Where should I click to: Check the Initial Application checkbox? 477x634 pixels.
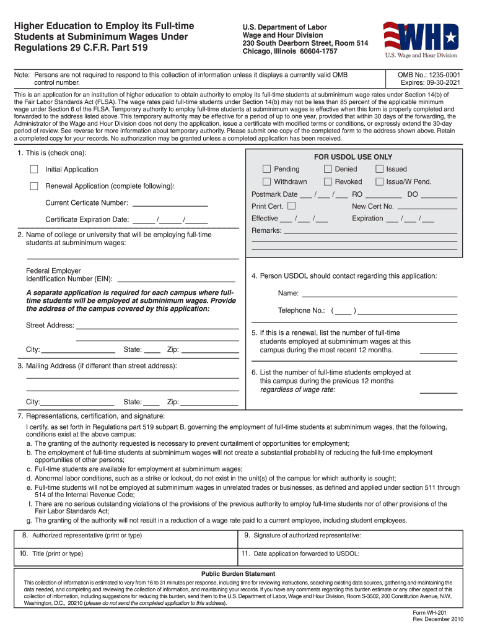pos(35,170)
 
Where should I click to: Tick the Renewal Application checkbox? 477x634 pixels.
pos(35,186)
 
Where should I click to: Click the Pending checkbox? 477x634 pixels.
pos(266,169)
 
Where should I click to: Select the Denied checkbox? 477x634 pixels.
pos(327,169)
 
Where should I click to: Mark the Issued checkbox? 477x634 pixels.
pos(379,169)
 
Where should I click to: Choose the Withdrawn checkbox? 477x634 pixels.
pos(266,181)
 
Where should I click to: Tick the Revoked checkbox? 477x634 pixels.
pos(327,181)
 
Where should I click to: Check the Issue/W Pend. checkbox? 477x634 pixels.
pos(379,181)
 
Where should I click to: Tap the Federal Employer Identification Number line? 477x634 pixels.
pos(176,279)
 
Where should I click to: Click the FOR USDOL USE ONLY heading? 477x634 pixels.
pos(353,157)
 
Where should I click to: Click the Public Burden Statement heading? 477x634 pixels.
pos(239,574)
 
